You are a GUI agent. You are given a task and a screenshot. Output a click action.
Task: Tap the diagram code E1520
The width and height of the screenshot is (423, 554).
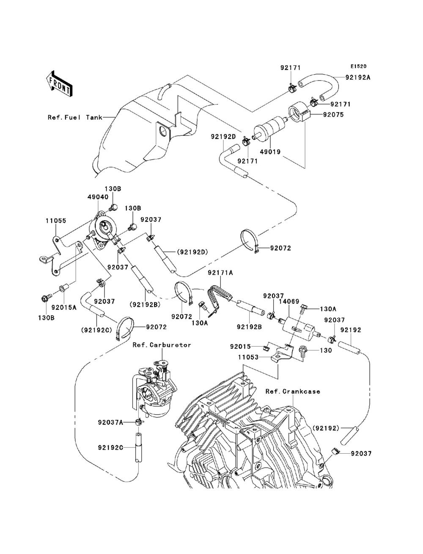pyautogui.click(x=358, y=66)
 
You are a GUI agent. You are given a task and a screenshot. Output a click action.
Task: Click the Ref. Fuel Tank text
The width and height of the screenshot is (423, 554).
pyautogui.click(x=74, y=117)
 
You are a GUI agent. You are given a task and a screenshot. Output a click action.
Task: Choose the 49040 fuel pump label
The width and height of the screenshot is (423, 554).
pyautogui.click(x=98, y=197)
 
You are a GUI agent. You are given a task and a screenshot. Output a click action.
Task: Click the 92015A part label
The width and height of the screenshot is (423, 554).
pyautogui.click(x=64, y=308)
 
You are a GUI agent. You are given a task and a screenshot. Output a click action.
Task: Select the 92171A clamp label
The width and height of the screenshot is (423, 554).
pyautogui.click(x=220, y=273)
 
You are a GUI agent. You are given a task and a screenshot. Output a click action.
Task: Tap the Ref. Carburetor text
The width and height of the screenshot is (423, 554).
pyautogui.click(x=162, y=345)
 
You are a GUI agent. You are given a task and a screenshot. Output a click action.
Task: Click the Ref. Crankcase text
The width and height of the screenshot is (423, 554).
pyautogui.click(x=293, y=391)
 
